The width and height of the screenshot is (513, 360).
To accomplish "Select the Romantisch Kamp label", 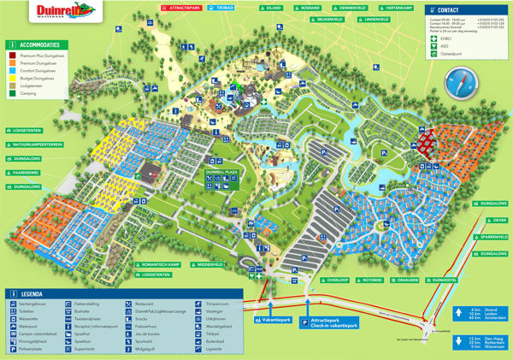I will pyautogui.click(x=160, y=266).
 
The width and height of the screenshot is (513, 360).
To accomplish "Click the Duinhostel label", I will pyautogui.click(x=443, y=280).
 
